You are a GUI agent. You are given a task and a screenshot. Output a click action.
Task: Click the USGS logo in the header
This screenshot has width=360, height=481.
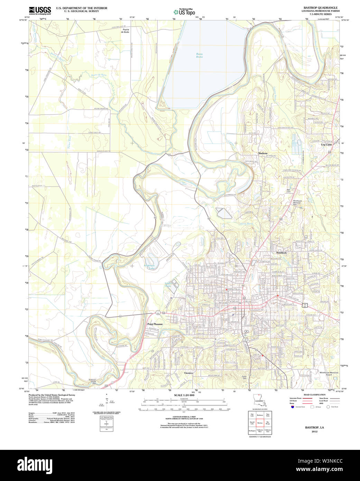40,10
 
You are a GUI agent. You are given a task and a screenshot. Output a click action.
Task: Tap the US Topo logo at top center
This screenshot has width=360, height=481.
184,12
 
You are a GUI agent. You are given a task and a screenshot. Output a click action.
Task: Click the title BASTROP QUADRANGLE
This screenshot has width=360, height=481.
320,8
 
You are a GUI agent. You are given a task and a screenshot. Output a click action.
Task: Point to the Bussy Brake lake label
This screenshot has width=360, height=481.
200,55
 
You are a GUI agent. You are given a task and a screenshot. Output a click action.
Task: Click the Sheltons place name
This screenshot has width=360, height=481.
262,153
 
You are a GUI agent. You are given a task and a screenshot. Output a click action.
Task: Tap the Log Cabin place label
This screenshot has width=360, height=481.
326,145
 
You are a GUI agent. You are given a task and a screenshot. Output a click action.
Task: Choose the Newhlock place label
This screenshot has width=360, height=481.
281,253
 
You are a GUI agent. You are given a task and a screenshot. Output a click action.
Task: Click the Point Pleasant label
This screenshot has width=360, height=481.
155,324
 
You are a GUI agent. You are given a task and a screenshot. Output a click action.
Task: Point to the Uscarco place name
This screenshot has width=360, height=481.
188,373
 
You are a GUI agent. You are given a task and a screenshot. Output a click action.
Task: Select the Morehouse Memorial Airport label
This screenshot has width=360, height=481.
329,374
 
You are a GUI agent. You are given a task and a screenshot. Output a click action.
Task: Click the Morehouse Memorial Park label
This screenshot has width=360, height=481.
297,202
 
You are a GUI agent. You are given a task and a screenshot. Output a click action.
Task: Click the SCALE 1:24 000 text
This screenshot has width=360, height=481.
184,395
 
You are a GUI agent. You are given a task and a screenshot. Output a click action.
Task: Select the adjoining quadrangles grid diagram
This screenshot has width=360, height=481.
260,423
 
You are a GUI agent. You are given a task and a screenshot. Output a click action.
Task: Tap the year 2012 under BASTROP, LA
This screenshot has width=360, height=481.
314,432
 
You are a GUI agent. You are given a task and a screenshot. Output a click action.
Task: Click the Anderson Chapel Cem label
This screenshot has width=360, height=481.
92,381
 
